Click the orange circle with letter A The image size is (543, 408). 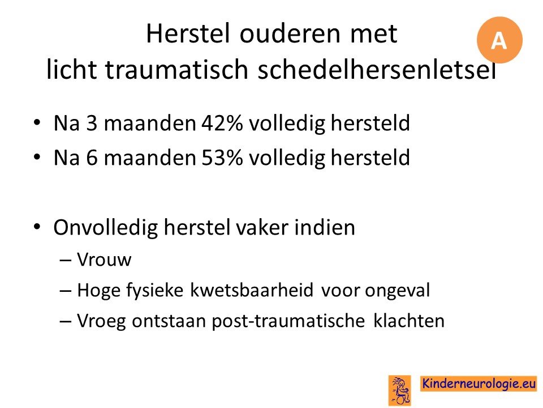click(x=499, y=40)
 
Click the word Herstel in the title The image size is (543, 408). click(x=188, y=33)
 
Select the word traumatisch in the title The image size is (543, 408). click(x=176, y=69)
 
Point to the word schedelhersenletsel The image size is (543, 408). click(x=377, y=69)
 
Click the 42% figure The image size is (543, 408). click(x=222, y=123)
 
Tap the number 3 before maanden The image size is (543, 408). click(x=92, y=123)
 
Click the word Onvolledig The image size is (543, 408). click(x=106, y=228)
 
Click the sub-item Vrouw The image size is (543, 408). click(x=104, y=260)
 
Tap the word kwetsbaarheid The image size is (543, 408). click(x=252, y=290)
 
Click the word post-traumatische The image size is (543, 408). click(x=288, y=321)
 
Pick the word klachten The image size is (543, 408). click(x=408, y=320)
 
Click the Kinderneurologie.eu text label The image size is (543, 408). click(x=479, y=384)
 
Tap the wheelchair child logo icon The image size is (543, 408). click(x=400, y=390)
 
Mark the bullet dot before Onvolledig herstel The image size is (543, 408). click(x=37, y=227)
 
